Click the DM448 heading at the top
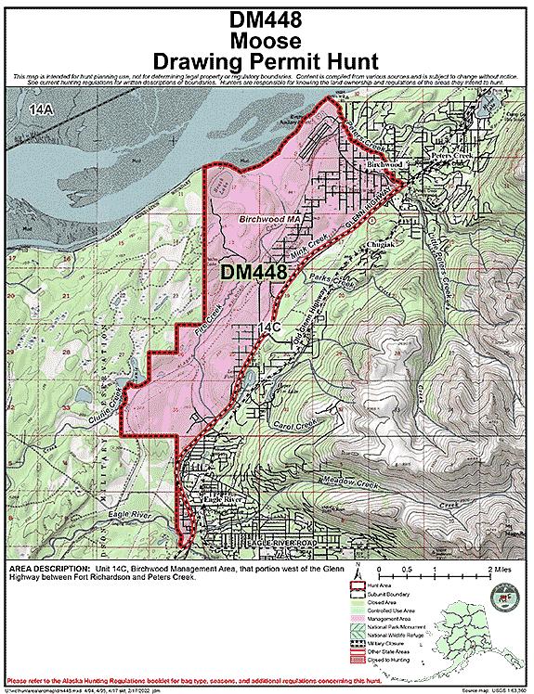pyautogui.click(x=267, y=19)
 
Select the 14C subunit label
pyautogui.click(x=268, y=328)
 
